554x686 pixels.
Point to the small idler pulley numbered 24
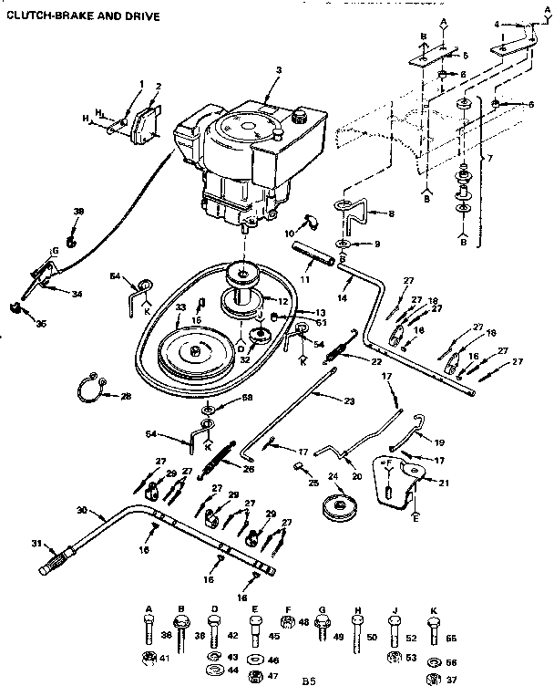pyautogui.click(x=343, y=507)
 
